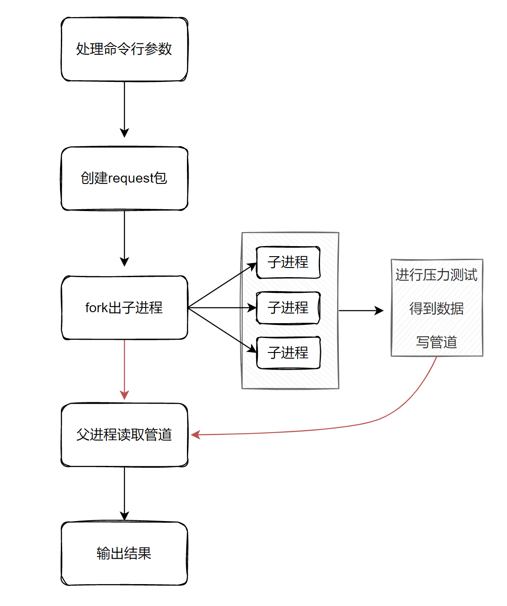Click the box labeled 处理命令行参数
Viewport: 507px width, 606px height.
pyautogui.click(x=124, y=49)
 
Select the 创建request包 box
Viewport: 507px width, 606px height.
pyautogui.click(x=124, y=178)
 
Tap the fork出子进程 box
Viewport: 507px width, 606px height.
pyautogui.click(x=124, y=307)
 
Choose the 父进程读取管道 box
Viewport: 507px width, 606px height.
pyautogui.click(x=124, y=434)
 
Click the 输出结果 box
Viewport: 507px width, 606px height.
pyautogui.click(x=124, y=553)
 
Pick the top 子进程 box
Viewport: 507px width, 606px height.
pyautogui.click(x=288, y=262)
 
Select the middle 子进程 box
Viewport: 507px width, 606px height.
pyautogui.click(x=288, y=308)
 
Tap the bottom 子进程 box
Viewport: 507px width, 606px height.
pyautogui.click(x=288, y=352)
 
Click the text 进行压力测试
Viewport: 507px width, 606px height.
pyautogui.click(x=437, y=275)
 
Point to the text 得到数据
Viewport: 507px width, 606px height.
pyautogui.click(x=437, y=309)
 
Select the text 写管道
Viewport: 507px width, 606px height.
pyautogui.click(x=437, y=342)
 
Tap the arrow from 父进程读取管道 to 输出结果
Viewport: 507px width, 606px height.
pyautogui.click(x=124, y=493)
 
